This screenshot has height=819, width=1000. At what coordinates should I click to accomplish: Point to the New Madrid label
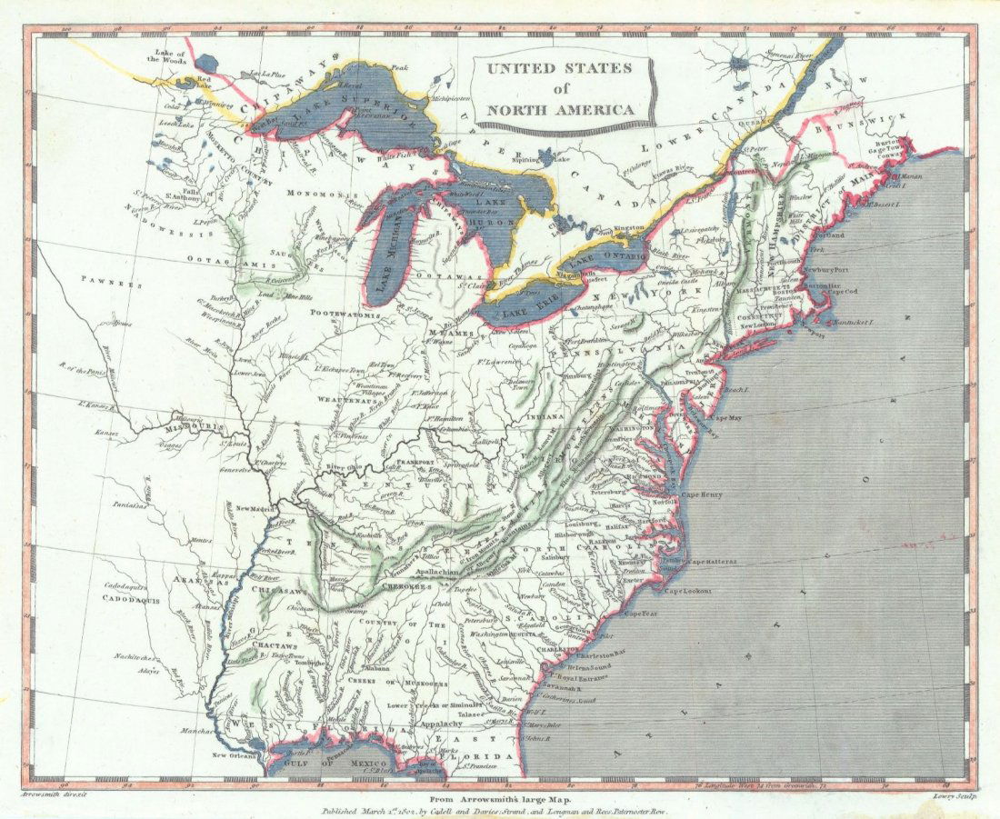(257, 508)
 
